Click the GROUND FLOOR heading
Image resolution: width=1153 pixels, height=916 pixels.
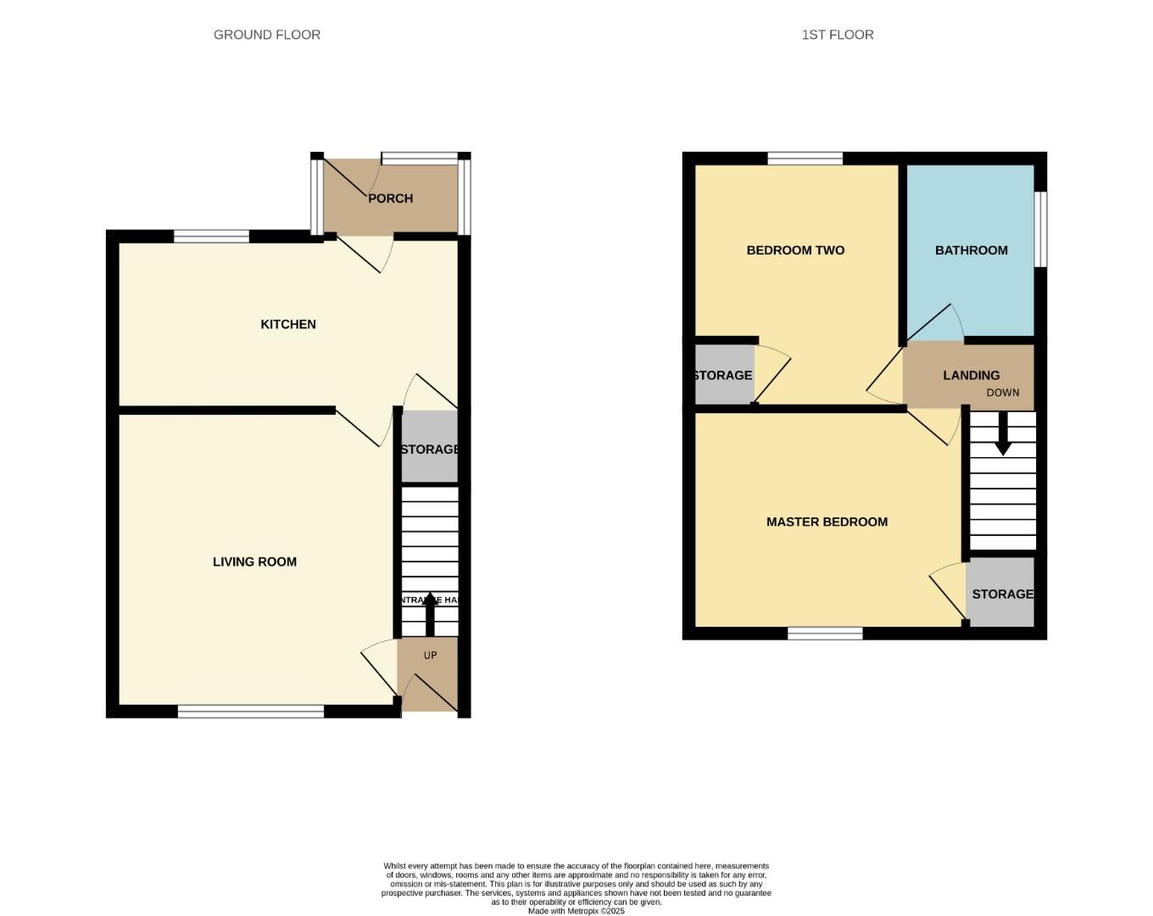(266, 35)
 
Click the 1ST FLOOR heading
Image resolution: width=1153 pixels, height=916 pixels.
(837, 35)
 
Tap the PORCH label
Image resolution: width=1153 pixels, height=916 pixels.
(390, 198)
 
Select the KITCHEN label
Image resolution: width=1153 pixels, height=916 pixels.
(287, 324)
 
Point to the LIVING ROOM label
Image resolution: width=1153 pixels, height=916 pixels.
(254, 561)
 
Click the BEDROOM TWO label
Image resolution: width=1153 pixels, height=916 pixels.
(794, 250)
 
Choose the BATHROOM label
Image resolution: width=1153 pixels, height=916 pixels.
(971, 250)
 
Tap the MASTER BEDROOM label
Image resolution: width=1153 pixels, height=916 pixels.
(827, 522)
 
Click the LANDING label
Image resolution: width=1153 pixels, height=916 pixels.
(971, 375)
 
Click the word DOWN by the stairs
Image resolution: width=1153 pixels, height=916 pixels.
(1002, 393)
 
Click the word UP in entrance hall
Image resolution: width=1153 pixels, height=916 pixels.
(430, 656)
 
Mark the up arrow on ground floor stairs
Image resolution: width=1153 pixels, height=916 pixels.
(430, 613)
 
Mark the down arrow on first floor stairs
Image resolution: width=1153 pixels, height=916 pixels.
(1002, 434)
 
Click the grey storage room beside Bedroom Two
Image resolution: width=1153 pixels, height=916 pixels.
(722, 375)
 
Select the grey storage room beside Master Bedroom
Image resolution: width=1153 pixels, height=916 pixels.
(1001, 594)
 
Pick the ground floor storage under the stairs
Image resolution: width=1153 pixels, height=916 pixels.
(429, 448)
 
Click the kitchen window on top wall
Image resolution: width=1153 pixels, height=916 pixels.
(211, 237)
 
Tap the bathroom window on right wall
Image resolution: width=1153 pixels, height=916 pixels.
(1041, 229)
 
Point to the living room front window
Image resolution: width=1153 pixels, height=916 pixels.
(251, 712)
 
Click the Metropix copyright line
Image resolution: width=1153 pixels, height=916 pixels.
(576, 911)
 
